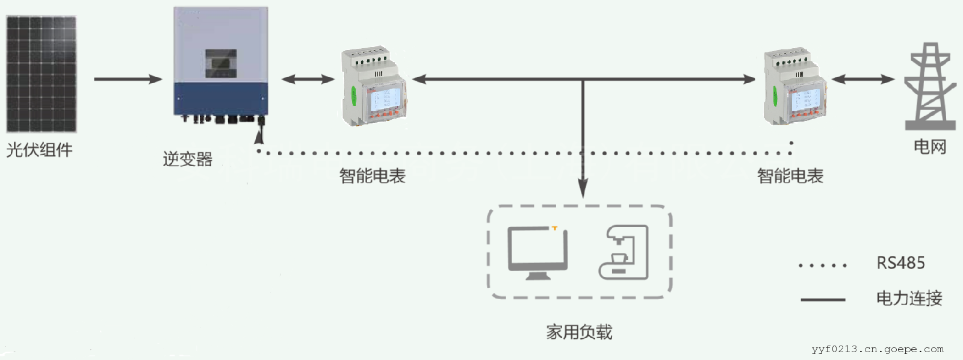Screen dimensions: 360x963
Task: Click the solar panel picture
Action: click(x=41, y=73)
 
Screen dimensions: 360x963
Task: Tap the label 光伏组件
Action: click(x=39, y=150)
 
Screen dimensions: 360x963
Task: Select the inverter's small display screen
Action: click(x=220, y=63)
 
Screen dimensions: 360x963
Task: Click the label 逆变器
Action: click(x=187, y=160)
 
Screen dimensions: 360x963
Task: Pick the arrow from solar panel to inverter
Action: click(x=128, y=79)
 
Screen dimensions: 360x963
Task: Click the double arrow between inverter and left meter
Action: click(x=308, y=79)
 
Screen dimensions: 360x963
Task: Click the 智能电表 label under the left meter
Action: click(x=372, y=176)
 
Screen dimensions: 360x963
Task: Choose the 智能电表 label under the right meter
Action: click(x=790, y=176)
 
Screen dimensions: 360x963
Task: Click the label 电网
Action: click(x=930, y=146)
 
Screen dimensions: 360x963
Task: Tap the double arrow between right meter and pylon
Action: click(x=862, y=79)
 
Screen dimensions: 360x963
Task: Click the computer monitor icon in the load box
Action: click(x=537, y=253)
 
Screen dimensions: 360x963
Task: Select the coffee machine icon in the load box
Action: click(x=624, y=252)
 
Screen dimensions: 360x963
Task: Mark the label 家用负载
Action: click(x=579, y=332)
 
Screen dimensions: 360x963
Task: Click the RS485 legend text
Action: click(x=900, y=263)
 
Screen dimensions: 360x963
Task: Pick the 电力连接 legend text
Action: click(x=909, y=298)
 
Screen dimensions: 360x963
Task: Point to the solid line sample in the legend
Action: click(x=823, y=299)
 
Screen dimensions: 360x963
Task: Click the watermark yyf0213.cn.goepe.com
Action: click(x=878, y=349)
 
